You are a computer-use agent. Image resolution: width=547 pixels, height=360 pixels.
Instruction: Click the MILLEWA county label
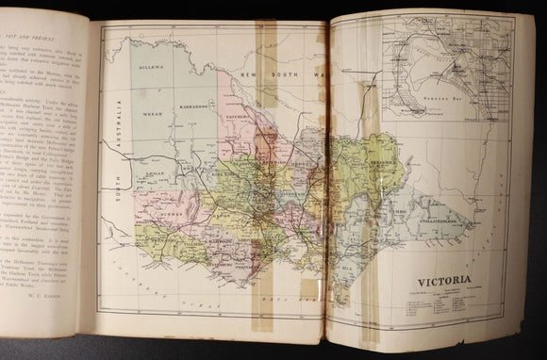[151, 70]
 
